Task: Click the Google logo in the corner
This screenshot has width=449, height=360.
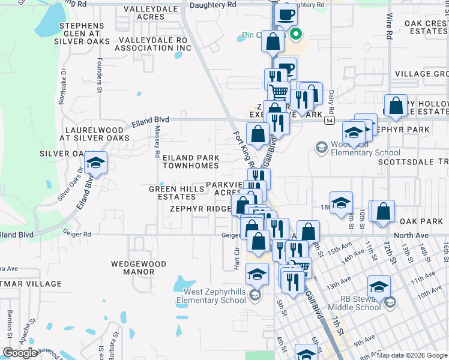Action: (20, 353)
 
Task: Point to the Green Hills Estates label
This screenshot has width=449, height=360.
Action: (176, 193)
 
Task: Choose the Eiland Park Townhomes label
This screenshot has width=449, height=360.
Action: (191, 161)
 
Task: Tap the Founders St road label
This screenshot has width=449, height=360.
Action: (98, 71)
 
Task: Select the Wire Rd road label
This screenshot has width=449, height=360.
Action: (389, 27)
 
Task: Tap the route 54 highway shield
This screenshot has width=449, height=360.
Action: (330, 121)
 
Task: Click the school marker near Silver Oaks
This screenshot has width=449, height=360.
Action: (95, 163)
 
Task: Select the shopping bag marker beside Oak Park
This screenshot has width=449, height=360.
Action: (382, 212)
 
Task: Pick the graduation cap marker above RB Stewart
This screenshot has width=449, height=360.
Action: (379, 286)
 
